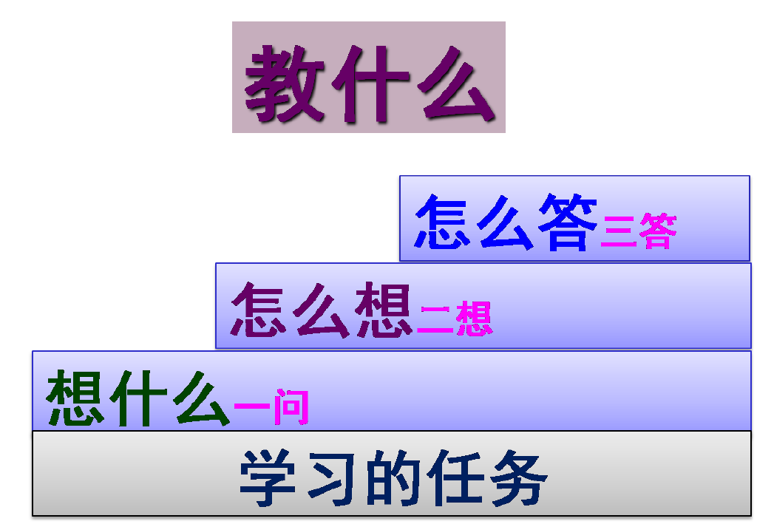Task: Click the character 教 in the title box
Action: pyautogui.click(x=285, y=82)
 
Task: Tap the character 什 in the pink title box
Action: pyautogui.click(x=370, y=82)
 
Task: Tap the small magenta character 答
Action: pyautogui.click(x=657, y=231)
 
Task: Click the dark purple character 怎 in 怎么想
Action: pyautogui.click(x=259, y=310)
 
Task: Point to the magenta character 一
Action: pyautogui.click(x=252, y=407)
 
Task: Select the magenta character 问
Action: pyautogui.click(x=291, y=407)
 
